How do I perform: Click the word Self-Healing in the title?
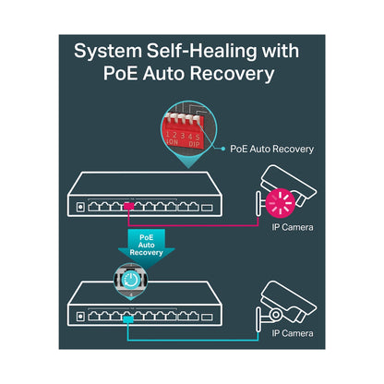[201, 51]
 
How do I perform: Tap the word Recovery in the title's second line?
[232, 74]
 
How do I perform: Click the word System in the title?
[108, 52]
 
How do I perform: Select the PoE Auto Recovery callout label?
[271, 149]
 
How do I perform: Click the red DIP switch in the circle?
[184, 132]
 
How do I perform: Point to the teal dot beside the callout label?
[223, 149]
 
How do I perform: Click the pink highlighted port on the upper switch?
[129, 206]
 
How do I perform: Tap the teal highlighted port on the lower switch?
[128, 319]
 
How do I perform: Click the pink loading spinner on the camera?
[281, 203]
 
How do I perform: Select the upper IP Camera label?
[293, 227]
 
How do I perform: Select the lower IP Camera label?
[293, 333]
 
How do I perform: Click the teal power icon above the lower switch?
[131, 280]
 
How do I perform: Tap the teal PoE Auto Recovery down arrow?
[147, 247]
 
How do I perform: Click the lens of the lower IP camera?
[275, 315]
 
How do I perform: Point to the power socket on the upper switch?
[80, 207]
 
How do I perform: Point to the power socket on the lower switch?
[80, 317]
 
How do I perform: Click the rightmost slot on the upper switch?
[207, 208]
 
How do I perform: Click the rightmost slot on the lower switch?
[207, 317]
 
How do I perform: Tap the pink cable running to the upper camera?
[193, 226]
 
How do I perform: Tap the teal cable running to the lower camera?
[193, 340]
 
